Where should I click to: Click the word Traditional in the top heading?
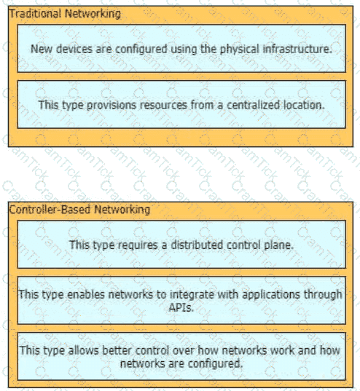click(x=35, y=13)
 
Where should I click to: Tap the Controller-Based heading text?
click(x=50, y=209)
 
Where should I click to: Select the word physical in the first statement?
click(x=240, y=49)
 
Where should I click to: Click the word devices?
click(x=74, y=49)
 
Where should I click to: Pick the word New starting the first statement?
click(x=42, y=49)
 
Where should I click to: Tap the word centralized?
click(x=253, y=105)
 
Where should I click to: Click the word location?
click(x=304, y=105)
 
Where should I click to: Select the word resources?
click(x=163, y=105)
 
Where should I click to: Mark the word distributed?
click(x=197, y=245)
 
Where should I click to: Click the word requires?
click(x=138, y=245)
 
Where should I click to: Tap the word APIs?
click(x=181, y=307)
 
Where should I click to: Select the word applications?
click(x=271, y=295)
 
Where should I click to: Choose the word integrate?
click(x=192, y=295)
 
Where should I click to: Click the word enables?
click(x=86, y=294)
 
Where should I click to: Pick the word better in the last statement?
click(x=117, y=350)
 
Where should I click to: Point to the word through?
click(x=323, y=295)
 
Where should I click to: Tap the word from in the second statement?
click(x=202, y=105)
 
